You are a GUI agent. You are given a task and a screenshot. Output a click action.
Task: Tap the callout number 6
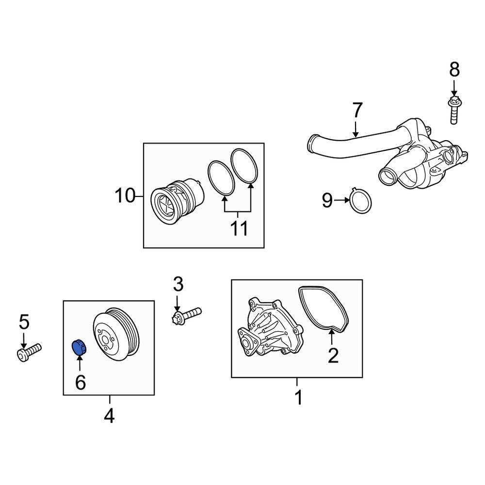point(80,383)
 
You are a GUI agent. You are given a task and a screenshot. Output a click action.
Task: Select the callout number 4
point(110,416)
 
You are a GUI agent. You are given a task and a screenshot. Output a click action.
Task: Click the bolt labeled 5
point(30,352)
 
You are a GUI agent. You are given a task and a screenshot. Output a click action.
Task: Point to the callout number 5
point(24,321)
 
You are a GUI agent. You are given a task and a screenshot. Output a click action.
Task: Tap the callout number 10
point(124,196)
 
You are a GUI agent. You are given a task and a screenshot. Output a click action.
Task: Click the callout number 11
point(239,227)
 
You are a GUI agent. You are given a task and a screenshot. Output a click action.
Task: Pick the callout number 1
point(298,397)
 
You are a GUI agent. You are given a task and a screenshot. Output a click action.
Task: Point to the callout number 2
point(333,356)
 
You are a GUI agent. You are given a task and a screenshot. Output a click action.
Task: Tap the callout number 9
point(327,199)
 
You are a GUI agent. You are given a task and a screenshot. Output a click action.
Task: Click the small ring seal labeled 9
point(361,201)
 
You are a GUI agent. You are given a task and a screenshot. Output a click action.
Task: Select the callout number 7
point(356,111)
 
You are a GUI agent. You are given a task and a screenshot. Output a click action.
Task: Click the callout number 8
point(454,70)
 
